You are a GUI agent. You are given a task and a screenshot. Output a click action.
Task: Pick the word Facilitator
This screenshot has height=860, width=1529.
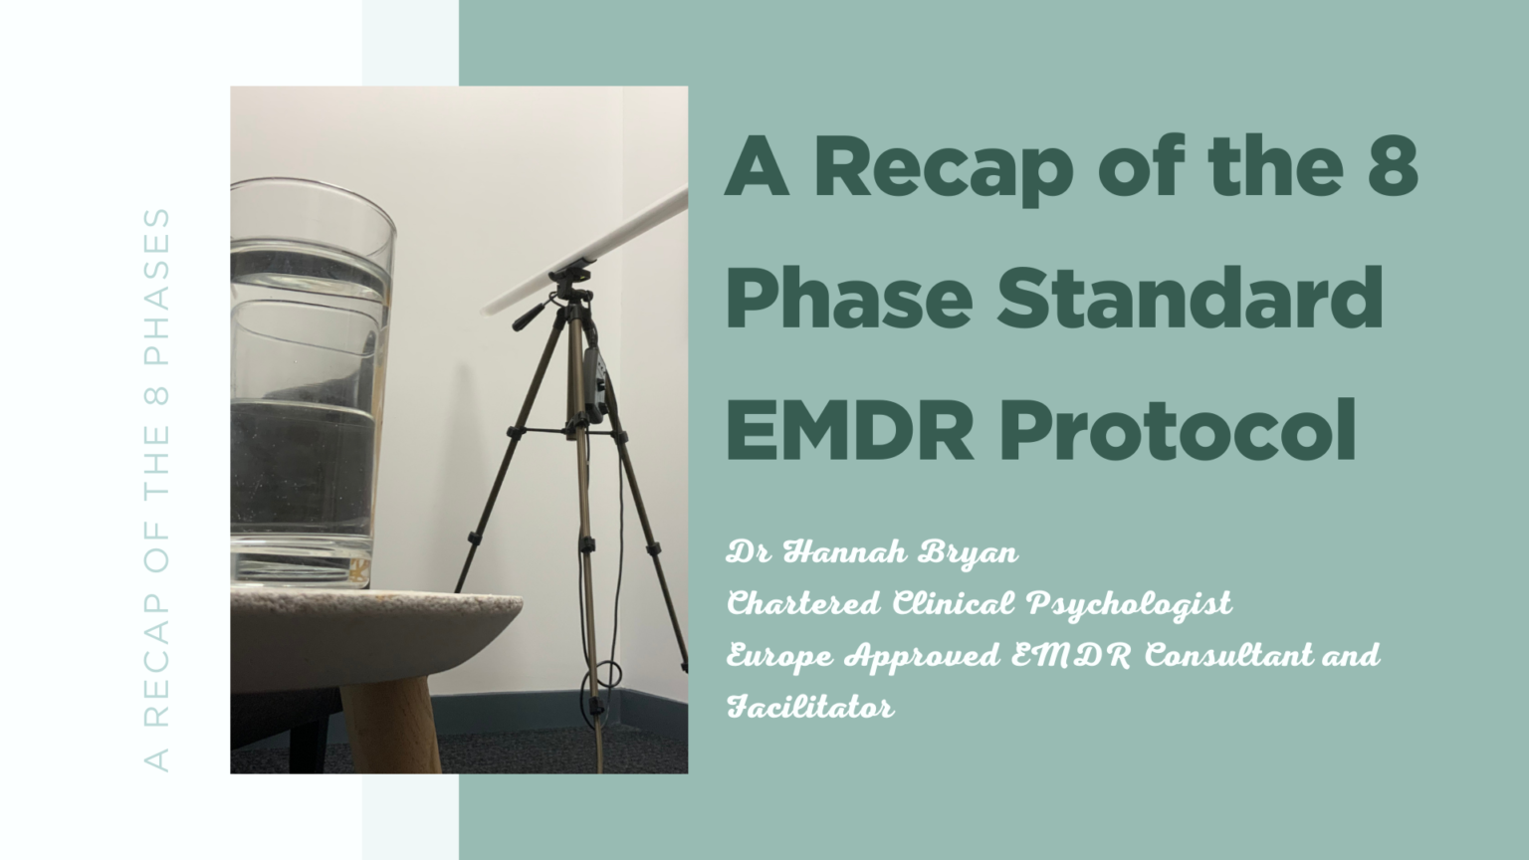coord(810,708)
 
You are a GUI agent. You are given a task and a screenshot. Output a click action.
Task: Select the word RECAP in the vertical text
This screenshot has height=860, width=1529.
coord(157,646)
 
